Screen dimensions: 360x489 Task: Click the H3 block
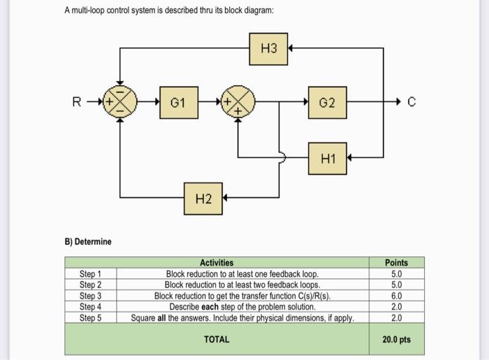point(268,48)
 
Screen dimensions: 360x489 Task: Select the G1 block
point(179,103)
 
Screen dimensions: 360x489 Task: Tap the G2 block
point(328,103)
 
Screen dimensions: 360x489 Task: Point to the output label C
point(411,103)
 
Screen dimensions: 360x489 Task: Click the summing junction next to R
point(119,103)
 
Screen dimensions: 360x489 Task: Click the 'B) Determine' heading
point(88,242)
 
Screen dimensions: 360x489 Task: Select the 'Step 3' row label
point(90,296)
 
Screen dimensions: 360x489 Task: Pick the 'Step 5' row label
point(90,317)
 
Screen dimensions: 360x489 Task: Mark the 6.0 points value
point(396,296)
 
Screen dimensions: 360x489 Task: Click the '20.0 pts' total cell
point(396,339)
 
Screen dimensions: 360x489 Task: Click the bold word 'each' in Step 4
point(213,306)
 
